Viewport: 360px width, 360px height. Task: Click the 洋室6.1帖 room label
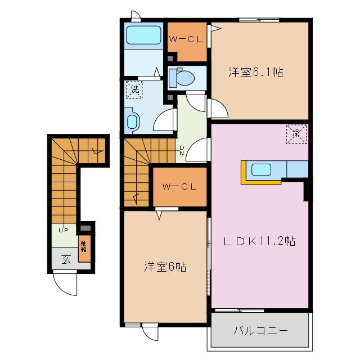click(255, 72)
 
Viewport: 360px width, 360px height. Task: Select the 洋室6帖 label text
click(164, 267)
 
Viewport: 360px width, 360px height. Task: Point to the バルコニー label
click(260, 330)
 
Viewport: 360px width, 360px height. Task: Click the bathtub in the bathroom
click(143, 35)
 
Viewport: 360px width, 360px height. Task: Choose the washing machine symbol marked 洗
click(135, 89)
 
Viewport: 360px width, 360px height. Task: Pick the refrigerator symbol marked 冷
click(296, 133)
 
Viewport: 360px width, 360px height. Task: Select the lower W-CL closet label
click(178, 187)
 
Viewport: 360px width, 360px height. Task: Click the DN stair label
click(182, 150)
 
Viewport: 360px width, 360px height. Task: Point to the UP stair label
click(64, 230)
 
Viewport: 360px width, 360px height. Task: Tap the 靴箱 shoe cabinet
click(84, 249)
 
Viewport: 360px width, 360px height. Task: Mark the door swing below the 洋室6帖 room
click(148, 332)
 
